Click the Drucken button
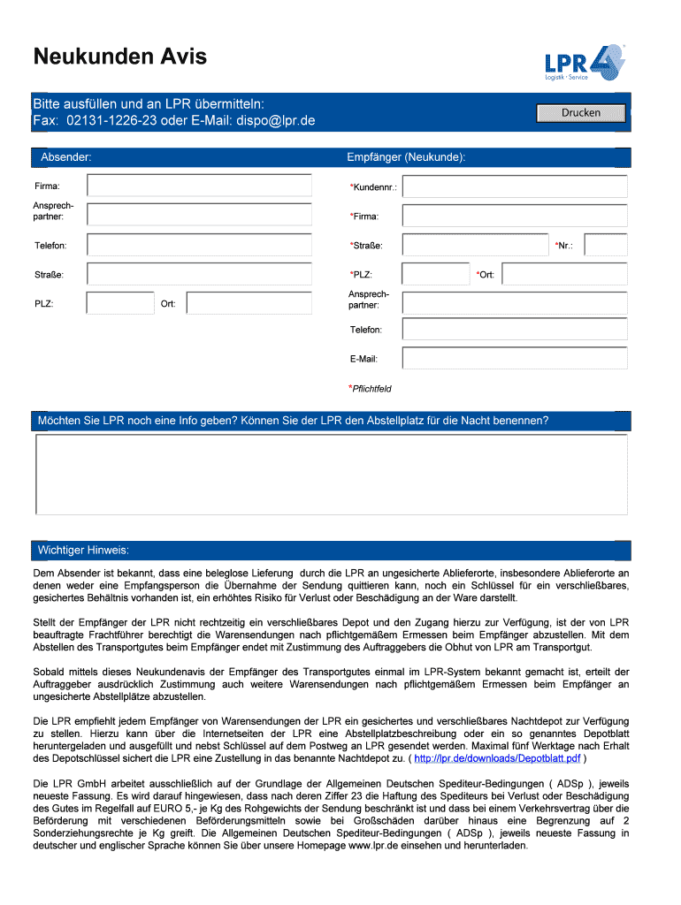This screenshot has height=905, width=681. (x=580, y=113)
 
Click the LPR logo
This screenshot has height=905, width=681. (x=585, y=63)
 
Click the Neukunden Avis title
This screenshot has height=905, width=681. (x=120, y=57)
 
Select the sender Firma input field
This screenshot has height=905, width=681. (x=199, y=186)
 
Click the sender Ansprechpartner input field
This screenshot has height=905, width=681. (x=199, y=215)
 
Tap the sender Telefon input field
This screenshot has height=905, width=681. (x=199, y=245)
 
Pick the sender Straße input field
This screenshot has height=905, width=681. (x=199, y=275)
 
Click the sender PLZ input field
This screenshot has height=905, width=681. (x=120, y=303)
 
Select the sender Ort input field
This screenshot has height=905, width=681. (x=249, y=303)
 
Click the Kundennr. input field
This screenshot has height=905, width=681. (x=514, y=186)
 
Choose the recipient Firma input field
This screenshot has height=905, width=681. (x=514, y=216)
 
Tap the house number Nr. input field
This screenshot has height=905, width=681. (x=606, y=245)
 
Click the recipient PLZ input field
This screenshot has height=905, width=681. (x=435, y=274)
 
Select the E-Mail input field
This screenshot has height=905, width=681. (x=514, y=358)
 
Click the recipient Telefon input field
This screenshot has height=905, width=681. (x=514, y=329)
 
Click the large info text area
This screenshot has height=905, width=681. (x=332, y=474)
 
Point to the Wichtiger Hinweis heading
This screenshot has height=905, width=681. (x=83, y=551)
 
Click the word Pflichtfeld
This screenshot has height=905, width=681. (x=371, y=388)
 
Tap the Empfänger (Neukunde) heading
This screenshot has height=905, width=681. (x=406, y=157)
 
